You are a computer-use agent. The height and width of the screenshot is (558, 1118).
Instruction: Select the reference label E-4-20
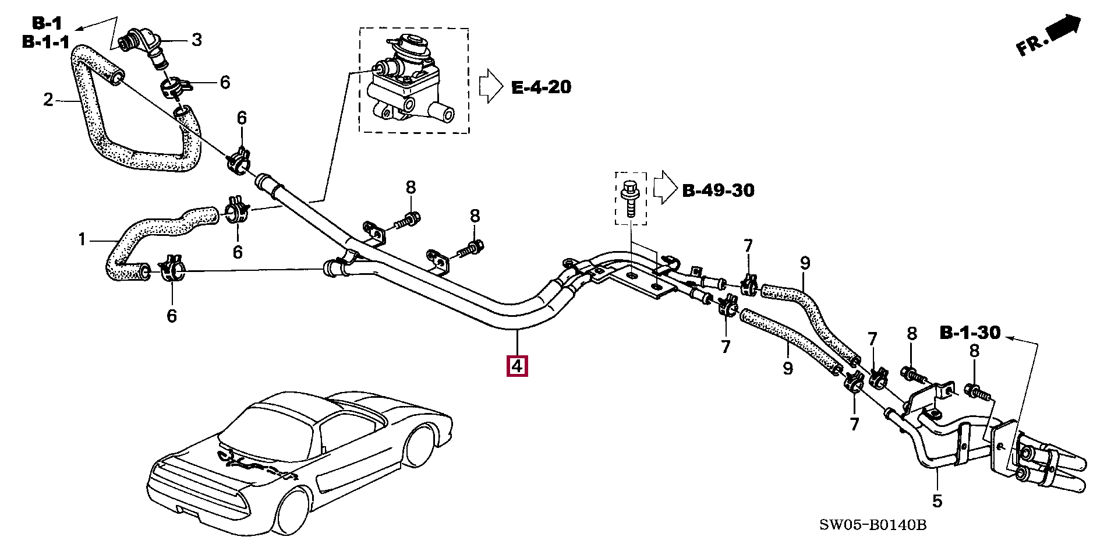541,87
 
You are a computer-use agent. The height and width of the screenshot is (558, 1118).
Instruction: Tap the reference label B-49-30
718,190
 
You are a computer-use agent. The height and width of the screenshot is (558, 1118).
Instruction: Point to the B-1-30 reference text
970,333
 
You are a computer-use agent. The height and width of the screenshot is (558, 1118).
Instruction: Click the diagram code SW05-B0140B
872,525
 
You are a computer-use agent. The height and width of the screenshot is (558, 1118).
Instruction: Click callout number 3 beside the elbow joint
197,40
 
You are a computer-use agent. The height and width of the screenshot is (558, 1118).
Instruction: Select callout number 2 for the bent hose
48,100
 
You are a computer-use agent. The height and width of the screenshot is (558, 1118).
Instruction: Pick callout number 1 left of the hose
82,239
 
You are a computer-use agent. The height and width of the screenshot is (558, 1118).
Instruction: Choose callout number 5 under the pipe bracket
937,500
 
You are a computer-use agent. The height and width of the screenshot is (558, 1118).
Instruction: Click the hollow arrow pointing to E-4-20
490,87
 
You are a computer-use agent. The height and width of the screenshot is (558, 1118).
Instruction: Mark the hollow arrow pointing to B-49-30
664,188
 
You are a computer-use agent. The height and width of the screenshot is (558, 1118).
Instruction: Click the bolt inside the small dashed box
631,198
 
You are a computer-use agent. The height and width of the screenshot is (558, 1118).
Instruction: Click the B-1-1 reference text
45,42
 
